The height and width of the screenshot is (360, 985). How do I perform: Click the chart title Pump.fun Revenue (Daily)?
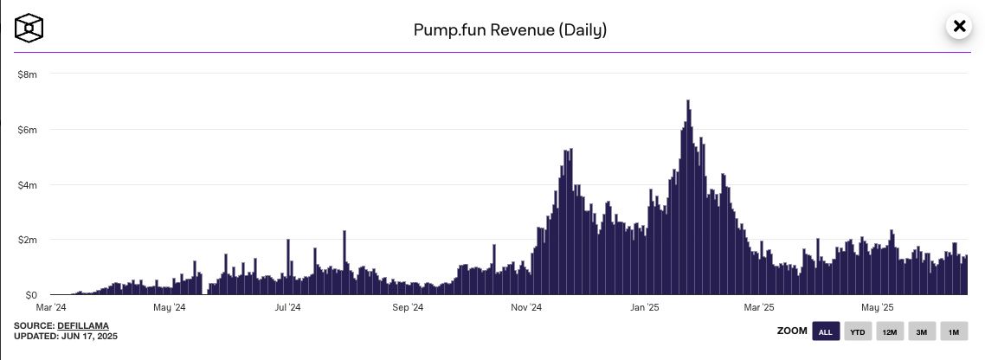(510, 30)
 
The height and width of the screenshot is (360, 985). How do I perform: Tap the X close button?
(959, 27)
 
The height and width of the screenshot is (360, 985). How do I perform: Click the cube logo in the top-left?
(29, 28)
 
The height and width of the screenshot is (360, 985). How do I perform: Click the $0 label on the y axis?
(30, 295)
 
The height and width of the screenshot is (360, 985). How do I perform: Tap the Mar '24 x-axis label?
(51, 307)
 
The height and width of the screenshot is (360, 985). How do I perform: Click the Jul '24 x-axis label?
(287, 307)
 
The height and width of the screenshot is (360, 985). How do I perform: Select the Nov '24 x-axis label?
(526, 307)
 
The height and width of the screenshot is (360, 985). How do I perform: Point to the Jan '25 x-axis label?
(646, 307)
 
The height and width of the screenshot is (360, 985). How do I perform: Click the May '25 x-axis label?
(878, 307)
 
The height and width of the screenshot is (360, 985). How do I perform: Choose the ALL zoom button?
(825, 332)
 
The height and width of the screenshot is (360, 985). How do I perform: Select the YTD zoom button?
(858, 332)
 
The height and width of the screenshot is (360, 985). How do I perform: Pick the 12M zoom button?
(889, 332)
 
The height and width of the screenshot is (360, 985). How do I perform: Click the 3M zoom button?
(922, 332)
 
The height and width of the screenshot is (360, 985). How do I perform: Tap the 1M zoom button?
(953, 332)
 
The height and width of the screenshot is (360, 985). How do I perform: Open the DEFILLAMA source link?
(83, 325)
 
